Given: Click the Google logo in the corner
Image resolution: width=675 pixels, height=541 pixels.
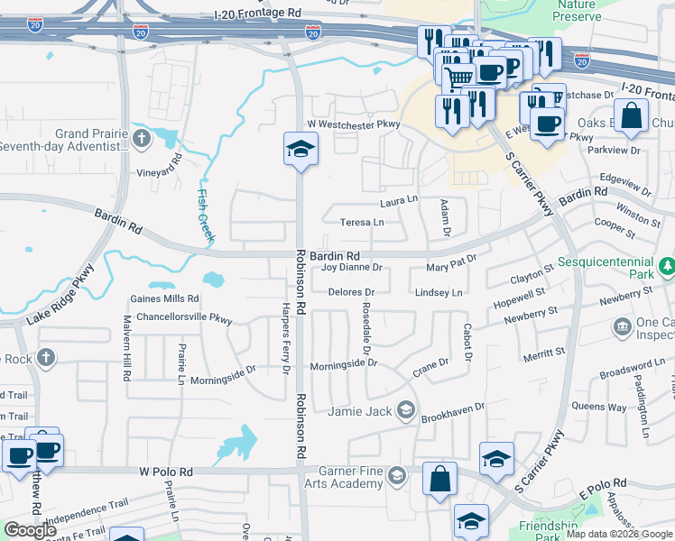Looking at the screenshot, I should pyautogui.click(x=30, y=530).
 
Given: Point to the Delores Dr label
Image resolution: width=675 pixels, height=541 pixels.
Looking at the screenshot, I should pyautogui.click(x=351, y=293).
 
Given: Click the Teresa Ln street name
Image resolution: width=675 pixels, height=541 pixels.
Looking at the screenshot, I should pyautogui.click(x=361, y=222).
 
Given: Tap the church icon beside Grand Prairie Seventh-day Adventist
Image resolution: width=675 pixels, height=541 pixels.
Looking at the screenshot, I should pyautogui.click(x=141, y=138).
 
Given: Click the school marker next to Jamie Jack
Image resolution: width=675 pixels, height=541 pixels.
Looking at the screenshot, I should pyautogui.click(x=406, y=411).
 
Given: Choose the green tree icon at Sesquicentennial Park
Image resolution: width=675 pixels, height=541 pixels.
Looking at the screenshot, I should pyautogui.click(x=667, y=266).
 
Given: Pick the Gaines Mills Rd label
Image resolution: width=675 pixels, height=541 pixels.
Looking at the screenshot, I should pyautogui.click(x=163, y=298).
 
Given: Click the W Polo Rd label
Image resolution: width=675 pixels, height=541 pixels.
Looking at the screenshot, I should pyautogui.click(x=166, y=472).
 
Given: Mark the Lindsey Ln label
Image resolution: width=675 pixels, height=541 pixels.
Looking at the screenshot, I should pyautogui.click(x=439, y=293).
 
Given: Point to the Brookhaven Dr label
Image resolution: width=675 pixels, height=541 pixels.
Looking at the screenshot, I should pyautogui.click(x=453, y=407).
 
